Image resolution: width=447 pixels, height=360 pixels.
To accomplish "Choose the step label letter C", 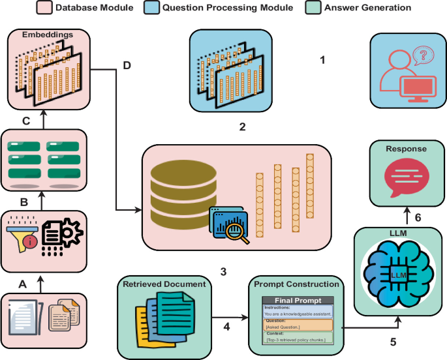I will click(x=25, y=120).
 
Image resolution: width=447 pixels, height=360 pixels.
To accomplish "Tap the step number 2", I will click(x=241, y=127).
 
